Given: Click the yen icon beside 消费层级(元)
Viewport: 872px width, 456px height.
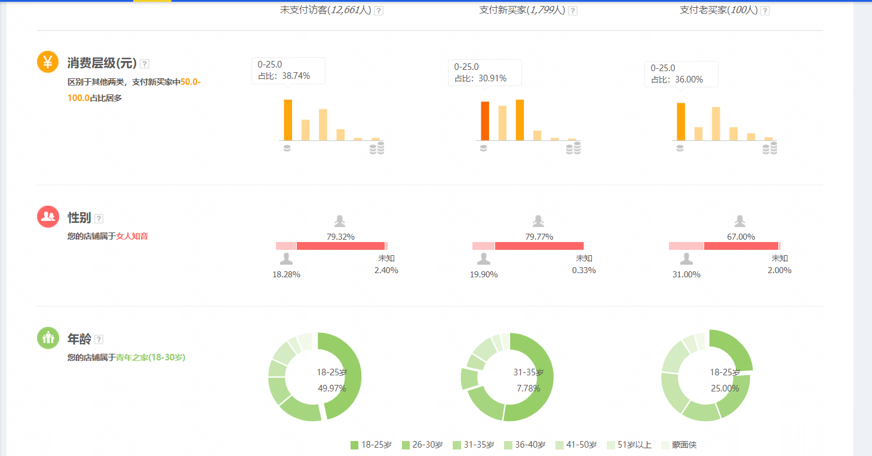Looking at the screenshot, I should tap(48, 62).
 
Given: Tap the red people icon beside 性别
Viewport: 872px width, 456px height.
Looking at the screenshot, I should tap(48, 216).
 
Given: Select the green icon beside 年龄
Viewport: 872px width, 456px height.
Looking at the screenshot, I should tap(48, 338).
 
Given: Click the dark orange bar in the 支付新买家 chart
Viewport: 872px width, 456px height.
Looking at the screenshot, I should tap(485, 121).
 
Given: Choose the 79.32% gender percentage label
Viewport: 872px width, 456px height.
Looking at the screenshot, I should tap(340, 237).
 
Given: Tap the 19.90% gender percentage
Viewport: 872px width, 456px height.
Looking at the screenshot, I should tap(484, 274).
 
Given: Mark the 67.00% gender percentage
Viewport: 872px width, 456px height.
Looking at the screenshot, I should tap(741, 237).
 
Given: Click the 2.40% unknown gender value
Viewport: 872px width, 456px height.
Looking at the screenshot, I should tap(386, 270).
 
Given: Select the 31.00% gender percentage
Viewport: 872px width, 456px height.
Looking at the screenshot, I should tap(686, 274).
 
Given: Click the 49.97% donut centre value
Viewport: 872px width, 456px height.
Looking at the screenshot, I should tap(331, 388).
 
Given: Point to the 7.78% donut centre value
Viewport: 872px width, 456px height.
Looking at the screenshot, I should tap(528, 388).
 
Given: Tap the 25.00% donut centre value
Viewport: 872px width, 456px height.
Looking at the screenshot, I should tap(724, 388).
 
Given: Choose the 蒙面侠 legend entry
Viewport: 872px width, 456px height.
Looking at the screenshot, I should tap(678, 445).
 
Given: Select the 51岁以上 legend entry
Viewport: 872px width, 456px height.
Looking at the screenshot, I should tap(628, 445).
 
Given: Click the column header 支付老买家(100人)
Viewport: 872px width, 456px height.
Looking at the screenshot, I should tap(718, 10).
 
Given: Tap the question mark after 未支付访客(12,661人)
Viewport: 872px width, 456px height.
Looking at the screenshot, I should tap(379, 11).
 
